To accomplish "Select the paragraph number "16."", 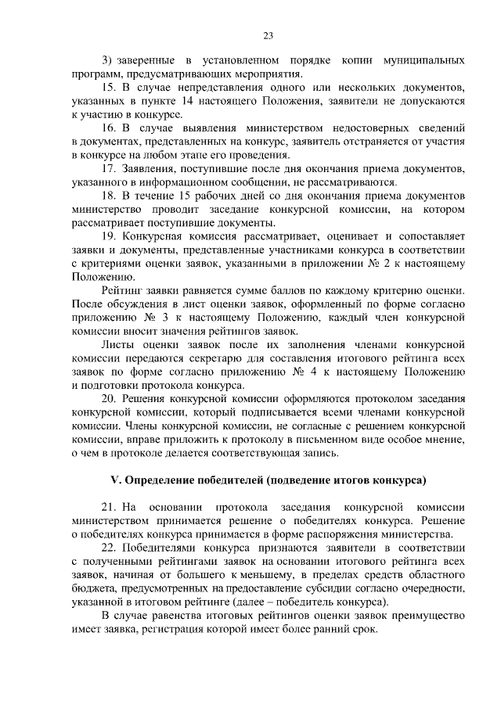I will [x=110, y=127].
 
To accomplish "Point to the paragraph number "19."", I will [x=110, y=235].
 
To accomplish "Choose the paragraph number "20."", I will [x=110, y=399].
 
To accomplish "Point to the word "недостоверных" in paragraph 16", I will [x=368, y=127].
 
